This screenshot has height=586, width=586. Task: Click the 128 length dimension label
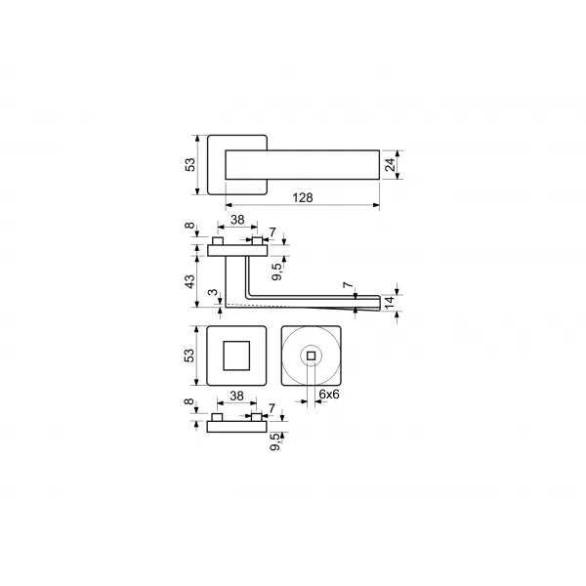pos(303,197)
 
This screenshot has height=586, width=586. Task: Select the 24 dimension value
pos(390,164)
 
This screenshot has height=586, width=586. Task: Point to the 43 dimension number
pos(190,281)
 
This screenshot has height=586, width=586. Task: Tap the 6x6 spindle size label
pos(329,394)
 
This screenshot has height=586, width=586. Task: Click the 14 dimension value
pos(390,303)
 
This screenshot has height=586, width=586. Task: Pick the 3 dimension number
pos(213,292)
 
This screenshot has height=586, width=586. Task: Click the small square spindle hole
pos(311,356)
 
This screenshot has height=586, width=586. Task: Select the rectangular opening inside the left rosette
pos(236,356)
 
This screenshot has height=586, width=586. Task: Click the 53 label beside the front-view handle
pos(190,165)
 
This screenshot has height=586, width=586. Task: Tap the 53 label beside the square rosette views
pos(189,356)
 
